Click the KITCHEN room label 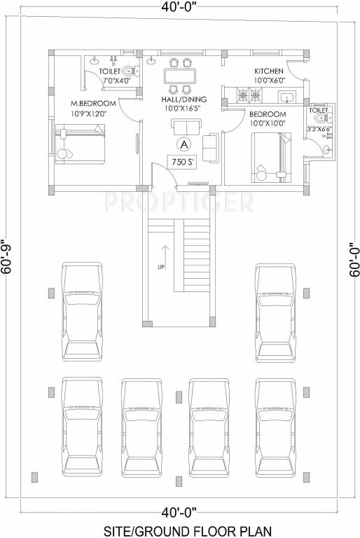tap(268, 71)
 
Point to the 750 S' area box tap(181, 162)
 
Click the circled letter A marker tap(184, 144)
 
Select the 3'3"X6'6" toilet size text tap(319, 129)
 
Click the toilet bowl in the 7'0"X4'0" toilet tap(127, 71)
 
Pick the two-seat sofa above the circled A tap(186, 125)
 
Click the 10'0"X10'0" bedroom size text tap(268, 123)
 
